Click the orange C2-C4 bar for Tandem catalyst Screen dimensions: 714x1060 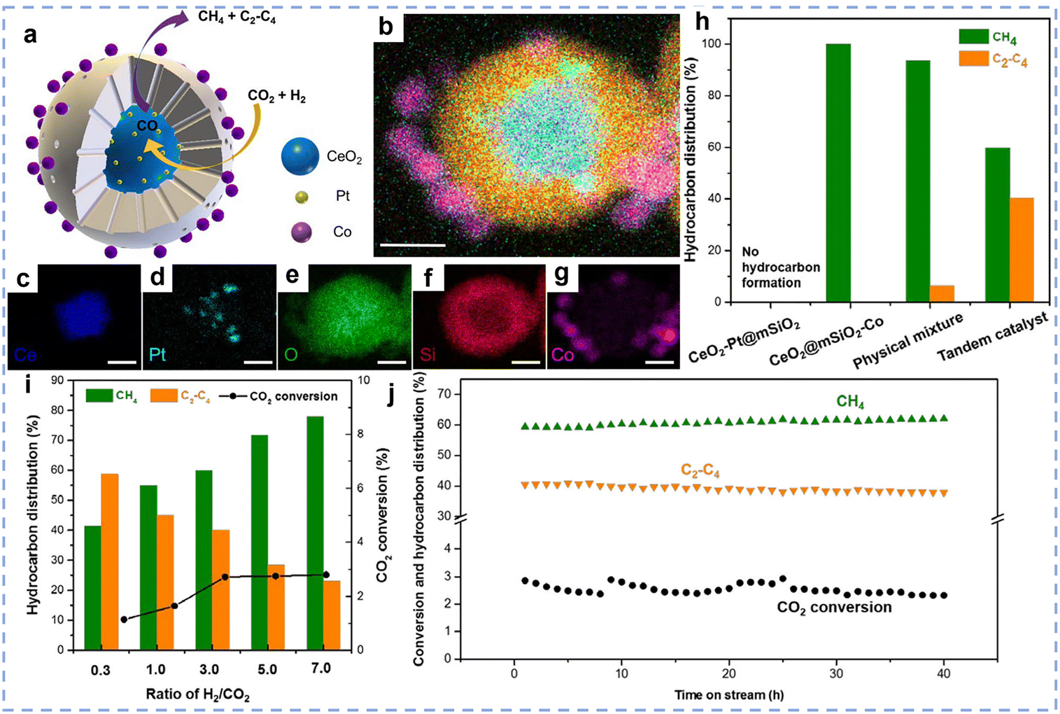1022,250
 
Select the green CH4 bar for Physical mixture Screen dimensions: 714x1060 917,181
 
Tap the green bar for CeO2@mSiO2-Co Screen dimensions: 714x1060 838,173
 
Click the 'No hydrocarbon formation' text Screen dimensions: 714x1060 781,267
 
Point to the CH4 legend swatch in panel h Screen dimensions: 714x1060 973,37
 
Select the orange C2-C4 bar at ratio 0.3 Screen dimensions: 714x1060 110,561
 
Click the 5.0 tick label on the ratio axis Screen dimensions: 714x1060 267,669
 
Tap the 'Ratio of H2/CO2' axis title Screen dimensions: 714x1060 197,694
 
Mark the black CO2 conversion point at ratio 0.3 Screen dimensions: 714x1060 124,619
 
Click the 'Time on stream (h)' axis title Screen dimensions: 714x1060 729,694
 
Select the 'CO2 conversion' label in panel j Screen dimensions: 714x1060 834,608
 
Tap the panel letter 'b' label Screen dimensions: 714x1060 386,27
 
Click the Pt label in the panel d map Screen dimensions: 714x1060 157,355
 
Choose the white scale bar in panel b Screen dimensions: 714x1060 413,245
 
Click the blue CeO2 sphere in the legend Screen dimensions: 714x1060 300,155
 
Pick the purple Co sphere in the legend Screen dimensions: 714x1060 302,232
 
